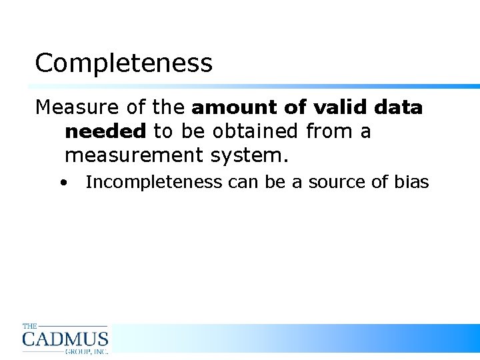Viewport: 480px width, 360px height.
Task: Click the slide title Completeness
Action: tap(123, 63)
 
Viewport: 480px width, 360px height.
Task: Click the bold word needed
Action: tap(105, 131)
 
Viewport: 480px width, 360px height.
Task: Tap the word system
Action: tap(248, 155)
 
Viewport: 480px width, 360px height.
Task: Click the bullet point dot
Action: tap(62, 182)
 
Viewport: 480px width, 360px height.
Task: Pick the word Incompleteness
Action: tap(153, 182)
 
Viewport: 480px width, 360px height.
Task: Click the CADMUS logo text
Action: tap(65, 339)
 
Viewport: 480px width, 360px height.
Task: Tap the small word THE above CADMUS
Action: tap(30, 326)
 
